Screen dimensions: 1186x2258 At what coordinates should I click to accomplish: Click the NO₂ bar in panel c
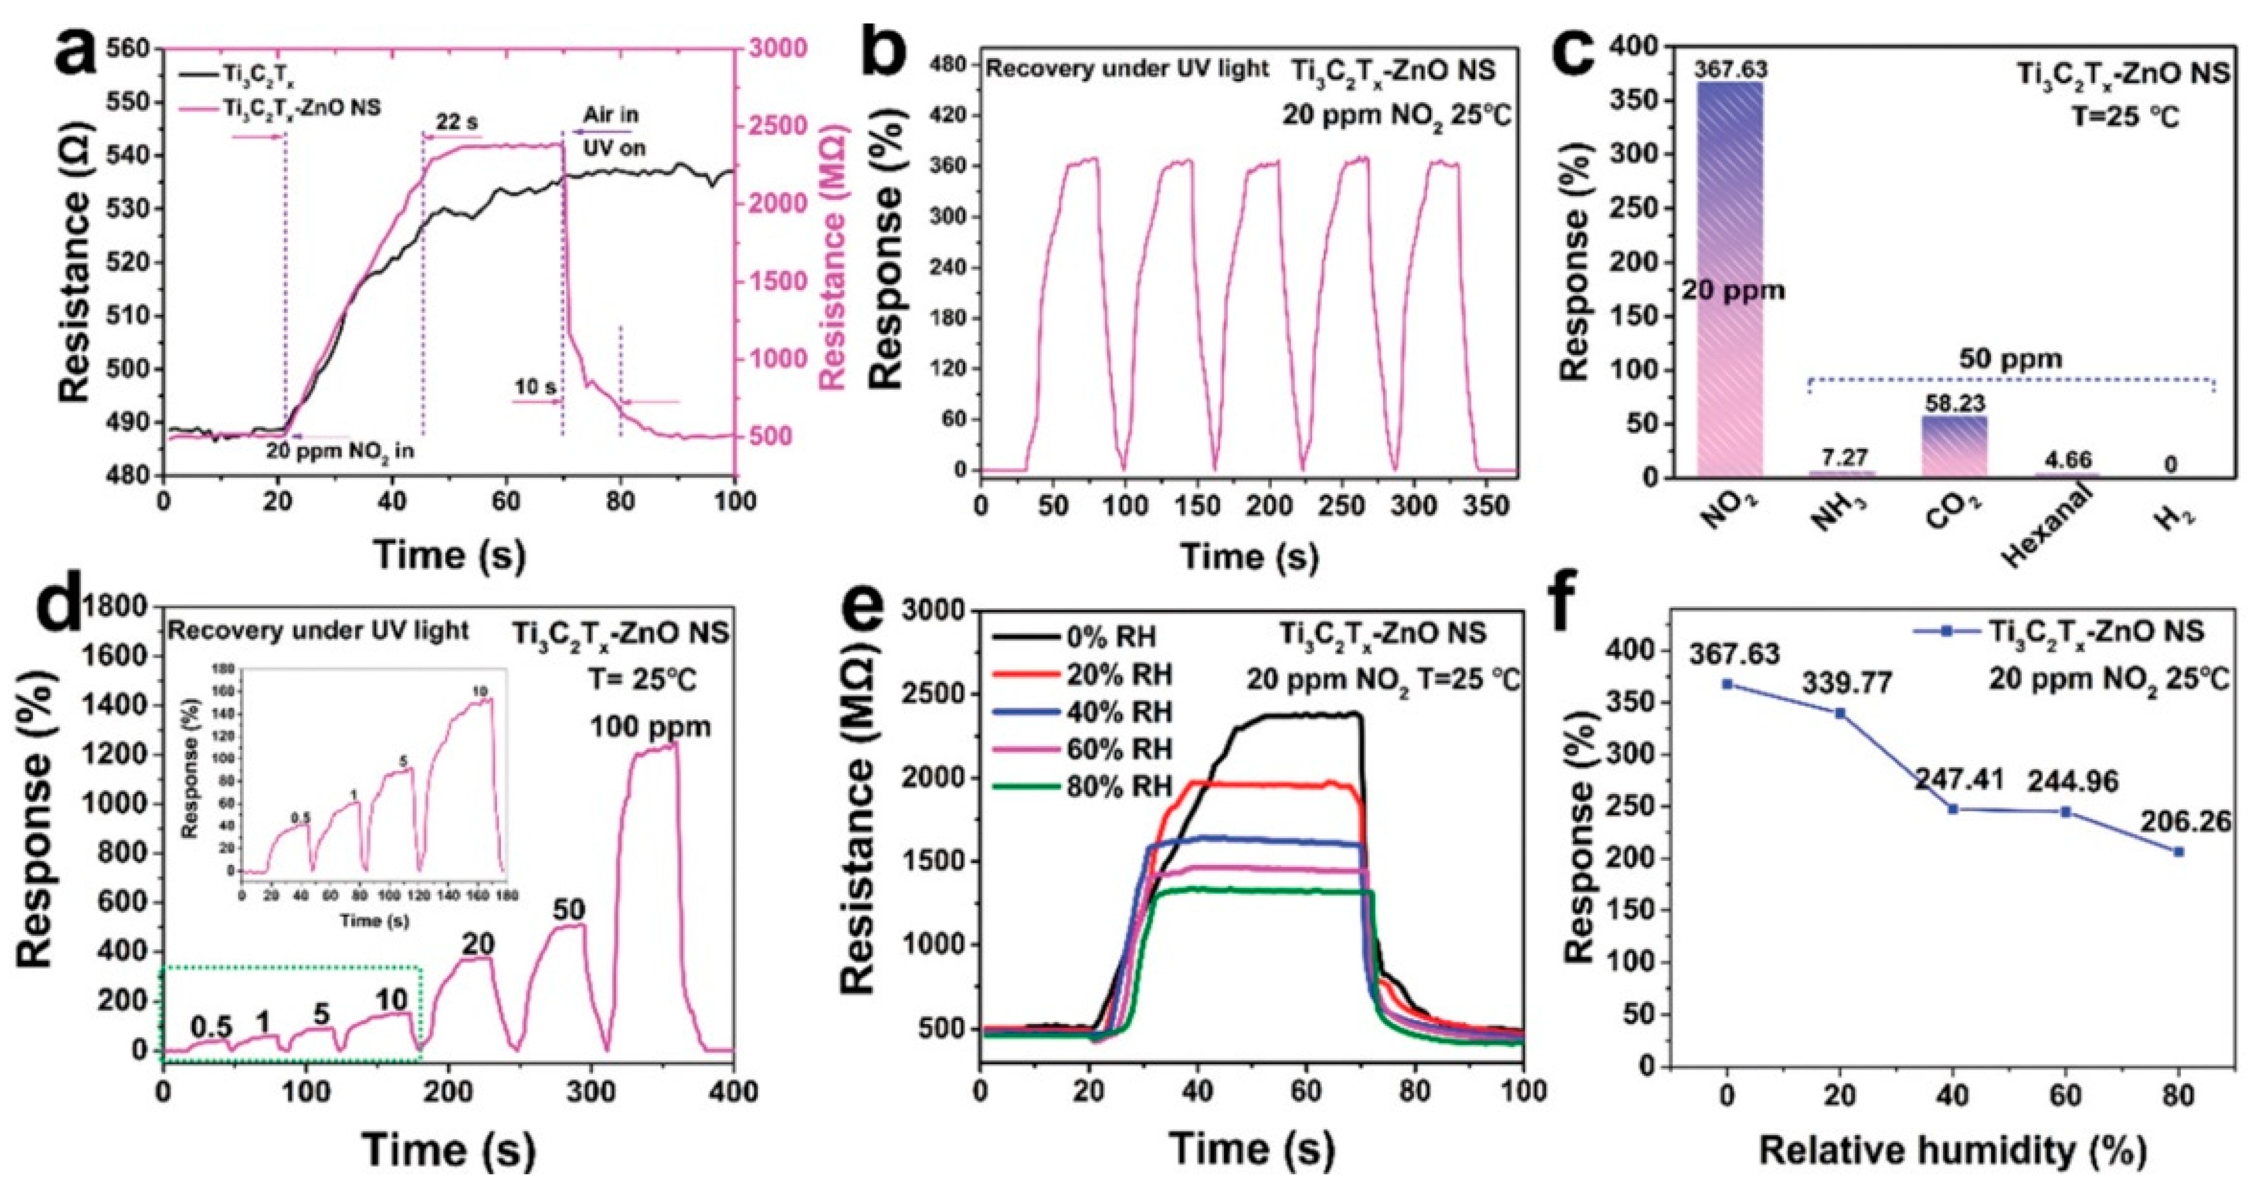(1729, 280)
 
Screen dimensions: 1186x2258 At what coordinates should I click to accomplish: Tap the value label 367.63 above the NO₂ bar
(1731, 68)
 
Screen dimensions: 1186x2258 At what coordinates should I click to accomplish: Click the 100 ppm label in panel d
(649, 726)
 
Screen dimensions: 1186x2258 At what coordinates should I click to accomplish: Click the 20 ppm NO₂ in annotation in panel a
(340, 451)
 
